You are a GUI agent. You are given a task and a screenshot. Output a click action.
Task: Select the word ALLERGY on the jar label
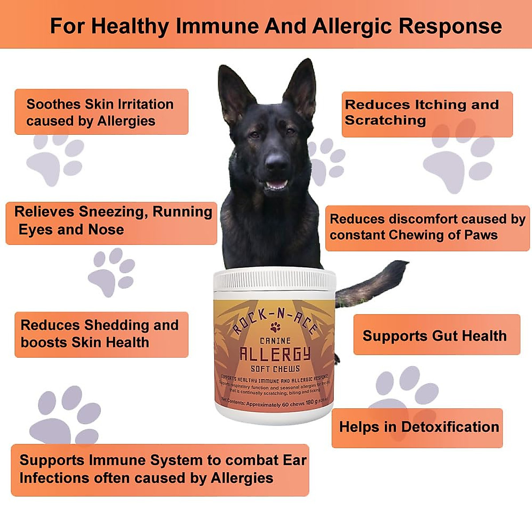point(275,354)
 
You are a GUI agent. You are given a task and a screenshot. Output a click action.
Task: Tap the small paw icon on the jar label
point(275,328)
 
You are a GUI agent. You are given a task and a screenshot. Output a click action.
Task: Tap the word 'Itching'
point(440,105)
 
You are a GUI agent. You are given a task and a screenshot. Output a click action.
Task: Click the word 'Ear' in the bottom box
point(295,460)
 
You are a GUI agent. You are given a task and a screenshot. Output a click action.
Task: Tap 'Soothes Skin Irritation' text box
point(101,112)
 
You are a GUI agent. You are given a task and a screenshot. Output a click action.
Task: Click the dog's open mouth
point(276,184)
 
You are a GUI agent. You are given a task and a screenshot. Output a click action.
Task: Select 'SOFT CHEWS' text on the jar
point(275,369)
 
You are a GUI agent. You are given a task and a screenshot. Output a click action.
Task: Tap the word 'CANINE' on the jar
point(275,340)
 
